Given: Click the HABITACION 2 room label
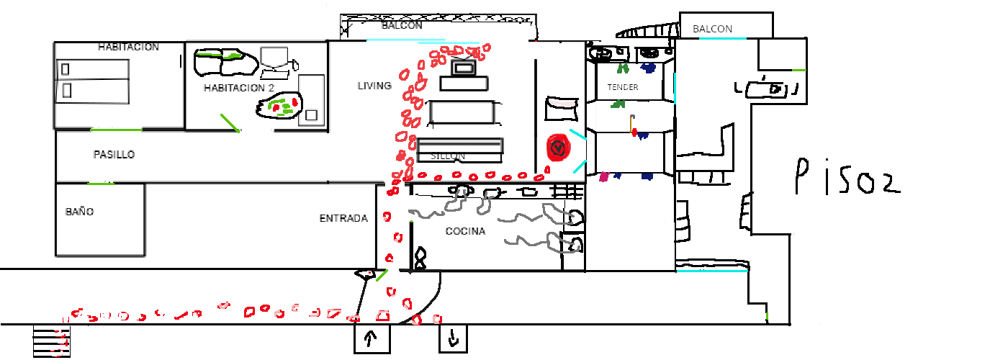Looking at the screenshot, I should [x=239, y=88].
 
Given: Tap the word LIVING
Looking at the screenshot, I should [x=374, y=86].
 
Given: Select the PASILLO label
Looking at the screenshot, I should [x=114, y=154].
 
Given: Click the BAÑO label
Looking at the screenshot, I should [x=79, y=212].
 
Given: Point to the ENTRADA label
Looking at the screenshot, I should [x=343, y=218].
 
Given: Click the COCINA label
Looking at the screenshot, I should [x=465, y=231].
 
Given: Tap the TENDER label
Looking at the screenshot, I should [x=623, y=87].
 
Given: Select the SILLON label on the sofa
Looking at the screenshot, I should [x=448, y=156].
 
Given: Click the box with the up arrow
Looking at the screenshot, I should [x=372, y=338].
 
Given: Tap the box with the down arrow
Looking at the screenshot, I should [x=454, y=338].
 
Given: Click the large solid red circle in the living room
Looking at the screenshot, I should [x=558, y=148].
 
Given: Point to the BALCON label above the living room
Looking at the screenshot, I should [x=402, y=25].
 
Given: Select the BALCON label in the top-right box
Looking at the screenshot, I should [x=712, y=29].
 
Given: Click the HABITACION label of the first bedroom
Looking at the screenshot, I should [x=128, y=47].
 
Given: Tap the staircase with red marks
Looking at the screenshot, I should [x=53, y=341].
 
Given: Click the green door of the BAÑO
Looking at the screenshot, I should [x=101, y=184].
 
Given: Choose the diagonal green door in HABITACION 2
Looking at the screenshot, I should [x=230, y=122].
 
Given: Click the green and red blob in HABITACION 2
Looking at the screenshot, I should [x=279, y=107].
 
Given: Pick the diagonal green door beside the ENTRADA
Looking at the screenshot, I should [x=382, y=275].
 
